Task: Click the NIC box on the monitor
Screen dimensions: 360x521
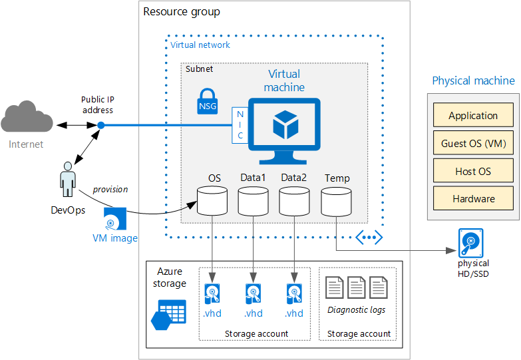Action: point(240,125)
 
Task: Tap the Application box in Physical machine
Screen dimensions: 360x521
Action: point(473,115)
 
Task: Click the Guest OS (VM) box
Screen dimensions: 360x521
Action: point(473,143)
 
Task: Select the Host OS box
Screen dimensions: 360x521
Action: point(473,171)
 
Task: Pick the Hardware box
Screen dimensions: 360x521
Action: point(473,198)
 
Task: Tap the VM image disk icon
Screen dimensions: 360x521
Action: point(116,218)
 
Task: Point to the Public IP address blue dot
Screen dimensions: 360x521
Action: point(101,125)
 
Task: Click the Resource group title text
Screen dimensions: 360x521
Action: point(182,12)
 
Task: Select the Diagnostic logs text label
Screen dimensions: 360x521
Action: point(357,309)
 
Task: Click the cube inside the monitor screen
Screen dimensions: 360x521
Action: point(284,124)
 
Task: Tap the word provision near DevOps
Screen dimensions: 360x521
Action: point(110,190)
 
